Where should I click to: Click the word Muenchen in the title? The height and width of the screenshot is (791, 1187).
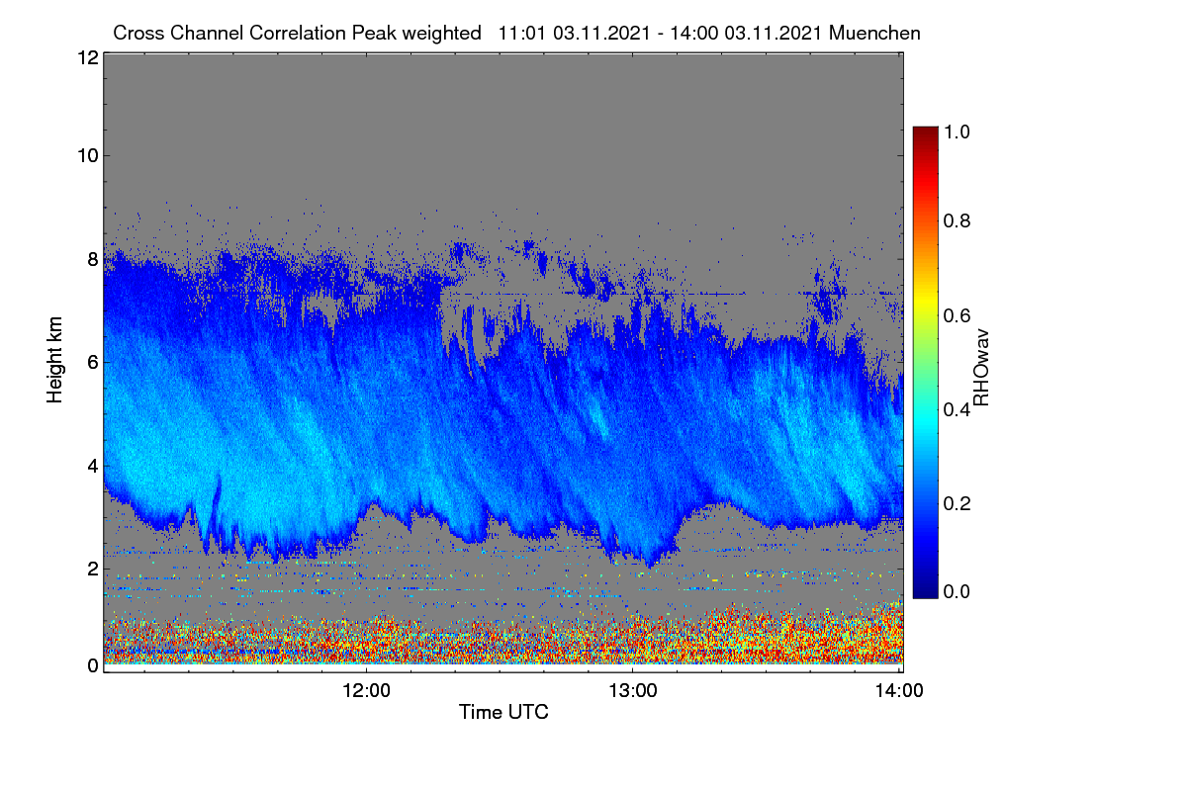[x=874, y=33]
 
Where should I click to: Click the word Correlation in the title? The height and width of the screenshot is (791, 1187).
[x=298, y=33]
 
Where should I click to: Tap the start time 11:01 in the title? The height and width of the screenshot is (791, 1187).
[x=521, y=33]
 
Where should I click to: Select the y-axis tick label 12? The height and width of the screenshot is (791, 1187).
[x=88, y=57]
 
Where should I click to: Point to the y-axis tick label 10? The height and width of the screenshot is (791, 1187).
[x=88, y=155]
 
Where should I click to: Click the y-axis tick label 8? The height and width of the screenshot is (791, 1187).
[x=93, y=259]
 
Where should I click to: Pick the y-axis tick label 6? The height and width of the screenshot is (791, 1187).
[x=93, y=363]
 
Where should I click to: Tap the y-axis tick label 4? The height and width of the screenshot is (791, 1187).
[x=93, y=467]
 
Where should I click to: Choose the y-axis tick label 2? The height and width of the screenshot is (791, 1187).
[x=93, y=569]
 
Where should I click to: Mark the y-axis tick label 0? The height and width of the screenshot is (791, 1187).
[x=93, y=665]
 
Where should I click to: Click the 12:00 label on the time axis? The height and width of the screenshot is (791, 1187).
[x=366, y=690]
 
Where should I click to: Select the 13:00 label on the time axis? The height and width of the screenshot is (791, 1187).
[x=633, y=690]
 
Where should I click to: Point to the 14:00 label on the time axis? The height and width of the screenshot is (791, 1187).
[x=899, y=690]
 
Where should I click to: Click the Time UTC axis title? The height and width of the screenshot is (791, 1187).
[x=503, y=712]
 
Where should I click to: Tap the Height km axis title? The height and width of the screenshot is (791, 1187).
[x=54, y=360]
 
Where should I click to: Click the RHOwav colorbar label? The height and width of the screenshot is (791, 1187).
[x=981, y=368]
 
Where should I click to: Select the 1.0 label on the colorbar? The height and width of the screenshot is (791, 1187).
[x=957, y=132]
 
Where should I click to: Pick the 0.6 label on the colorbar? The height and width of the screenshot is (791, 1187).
[x=957, y=315]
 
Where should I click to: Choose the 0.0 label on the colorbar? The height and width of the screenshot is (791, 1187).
[x=957, y=591]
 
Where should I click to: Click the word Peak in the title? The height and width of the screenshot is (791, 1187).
[x=374, y=33]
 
